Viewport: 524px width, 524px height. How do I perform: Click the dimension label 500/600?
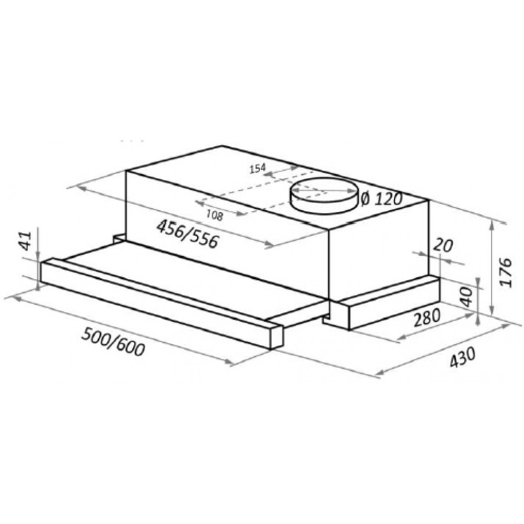pos(114,342)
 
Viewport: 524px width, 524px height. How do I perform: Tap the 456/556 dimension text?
pos(188,234)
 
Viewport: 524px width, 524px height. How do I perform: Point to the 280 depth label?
pos(427,317)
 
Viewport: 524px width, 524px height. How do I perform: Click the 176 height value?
pos(506,271)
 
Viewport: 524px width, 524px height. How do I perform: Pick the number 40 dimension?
pos(467,297)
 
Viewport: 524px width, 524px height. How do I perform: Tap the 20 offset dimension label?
pos(443,246)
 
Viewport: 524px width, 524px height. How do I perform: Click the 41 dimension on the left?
pos(26,241)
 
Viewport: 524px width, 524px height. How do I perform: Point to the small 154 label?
pos(258,168)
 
